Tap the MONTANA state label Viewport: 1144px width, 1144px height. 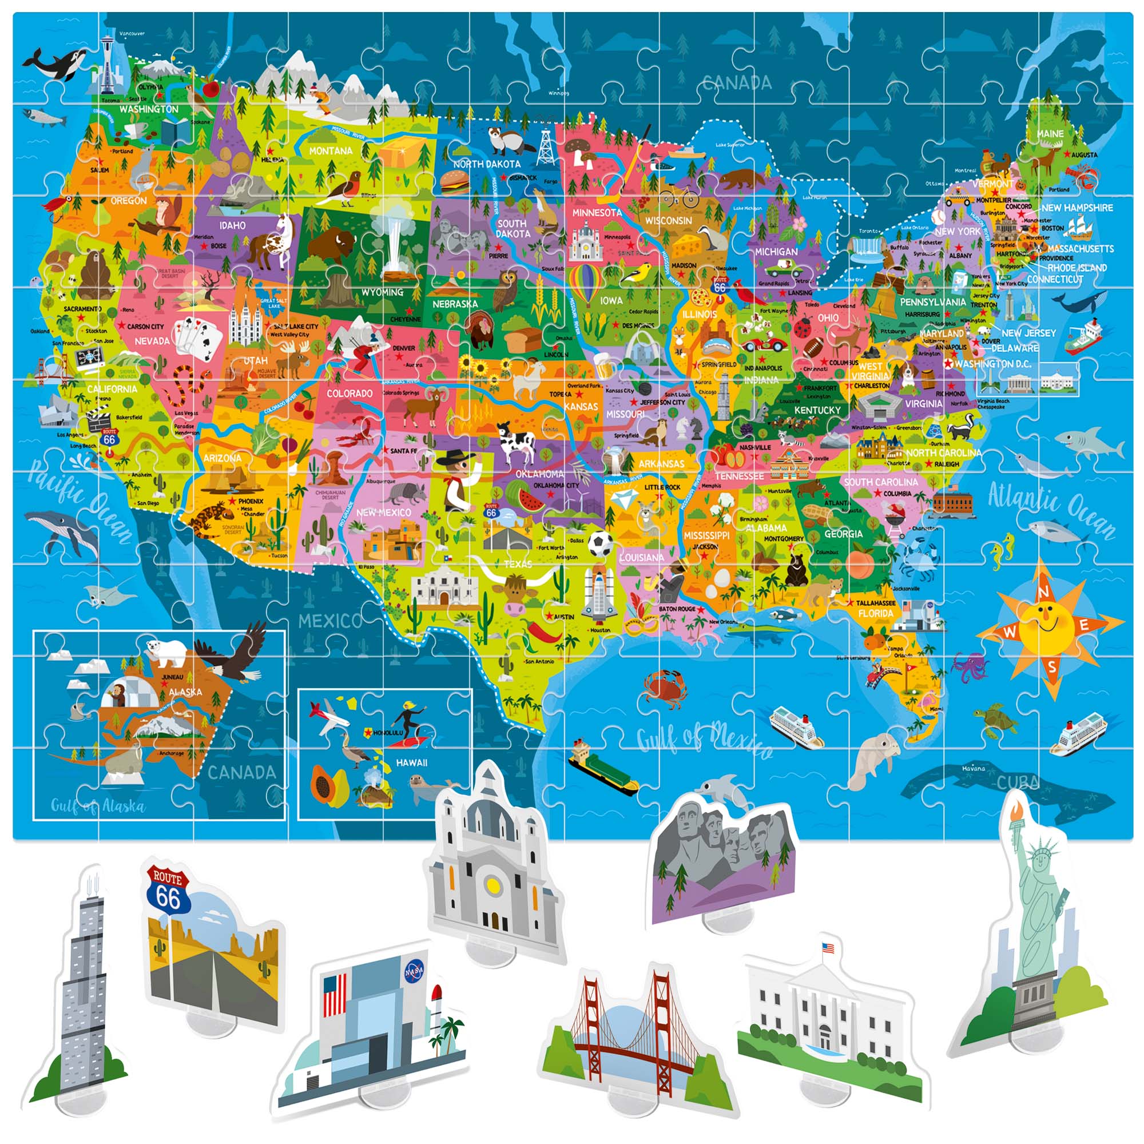pyautogui.click(x=331, y=151)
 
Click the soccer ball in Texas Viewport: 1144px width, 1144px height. pyautogui.click(x=601, y=543)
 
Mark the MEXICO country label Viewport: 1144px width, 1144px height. pyautogui.click(x=330, y=621)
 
